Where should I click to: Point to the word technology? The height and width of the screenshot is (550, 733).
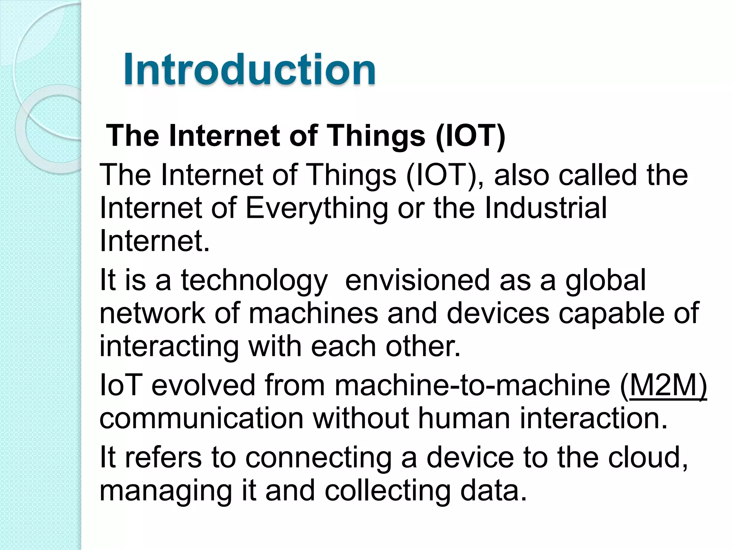pyautogui.click(x=254, y=280)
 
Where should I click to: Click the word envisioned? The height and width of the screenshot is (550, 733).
pyautogui.click(x=417, y=280)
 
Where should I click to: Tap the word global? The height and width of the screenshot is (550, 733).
pyautogui.click(x=606, y=280)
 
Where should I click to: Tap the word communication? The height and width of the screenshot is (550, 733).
pyautogui.click(x=201, y=418)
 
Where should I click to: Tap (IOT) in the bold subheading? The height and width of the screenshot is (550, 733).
pyautogui.click(x=470, y=136)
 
